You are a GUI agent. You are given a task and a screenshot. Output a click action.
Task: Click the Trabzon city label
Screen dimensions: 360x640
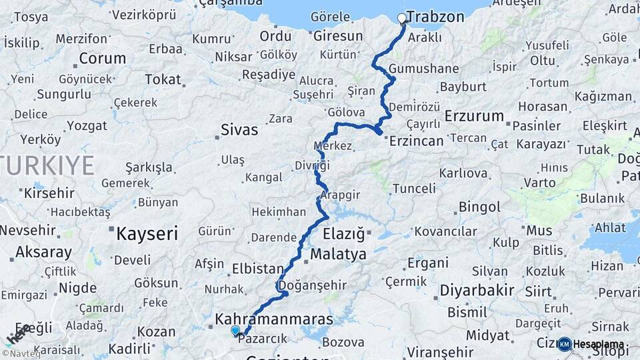tap(435, 17)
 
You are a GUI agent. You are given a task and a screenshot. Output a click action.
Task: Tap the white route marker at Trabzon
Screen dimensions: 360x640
tap(402, 18)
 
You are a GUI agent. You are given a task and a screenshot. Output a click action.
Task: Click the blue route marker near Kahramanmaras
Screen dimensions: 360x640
tap(235, 330)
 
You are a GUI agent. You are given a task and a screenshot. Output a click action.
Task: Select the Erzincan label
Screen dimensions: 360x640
tap(416, 141)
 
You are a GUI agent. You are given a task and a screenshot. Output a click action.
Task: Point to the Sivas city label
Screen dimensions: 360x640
tap(239, 130)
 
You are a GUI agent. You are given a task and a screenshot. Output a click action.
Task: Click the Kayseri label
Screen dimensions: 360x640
tap(147, 234)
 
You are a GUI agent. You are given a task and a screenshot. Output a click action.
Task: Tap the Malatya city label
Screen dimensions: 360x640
tap(338, 254)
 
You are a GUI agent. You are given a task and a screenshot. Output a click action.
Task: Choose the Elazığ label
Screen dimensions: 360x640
tap(344, 234)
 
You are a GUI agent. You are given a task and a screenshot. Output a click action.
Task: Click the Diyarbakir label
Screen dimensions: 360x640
tap(477, 290)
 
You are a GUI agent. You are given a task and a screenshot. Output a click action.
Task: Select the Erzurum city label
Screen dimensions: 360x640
tap(474, 116)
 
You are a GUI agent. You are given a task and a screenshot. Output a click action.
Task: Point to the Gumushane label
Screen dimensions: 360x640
tap(424, 69)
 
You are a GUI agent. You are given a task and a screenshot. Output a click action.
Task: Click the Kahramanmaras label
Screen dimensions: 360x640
tap(273, 321)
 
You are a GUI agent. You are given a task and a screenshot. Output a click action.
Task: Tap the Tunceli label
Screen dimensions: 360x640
tap(413, 189)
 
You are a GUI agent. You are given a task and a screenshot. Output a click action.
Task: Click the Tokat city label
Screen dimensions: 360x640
tap(163, 79)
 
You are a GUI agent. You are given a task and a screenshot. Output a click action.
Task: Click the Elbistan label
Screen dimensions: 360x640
tap(257, 269)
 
